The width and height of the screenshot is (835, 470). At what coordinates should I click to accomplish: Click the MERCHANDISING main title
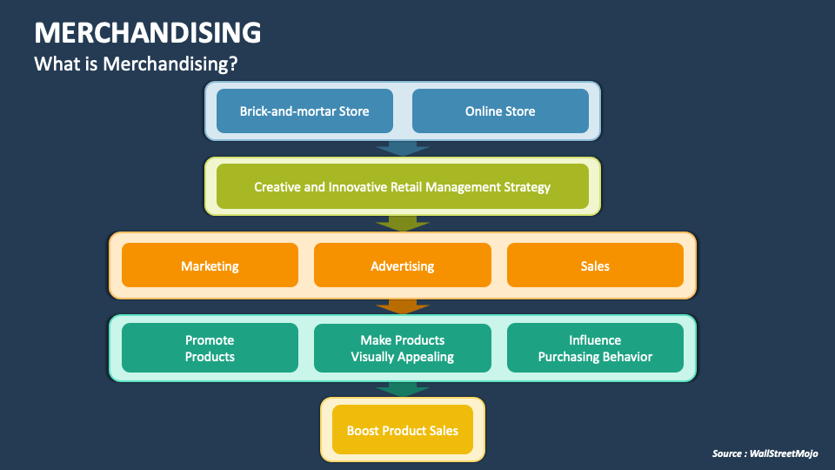147,32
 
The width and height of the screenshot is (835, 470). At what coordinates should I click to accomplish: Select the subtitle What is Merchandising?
137,64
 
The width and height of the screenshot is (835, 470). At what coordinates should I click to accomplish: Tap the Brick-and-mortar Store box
304,111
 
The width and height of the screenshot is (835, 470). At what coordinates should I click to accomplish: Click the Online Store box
500,111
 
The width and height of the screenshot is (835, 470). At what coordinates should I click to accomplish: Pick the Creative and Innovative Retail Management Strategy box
402,186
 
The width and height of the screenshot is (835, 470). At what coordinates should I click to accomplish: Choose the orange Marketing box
210,265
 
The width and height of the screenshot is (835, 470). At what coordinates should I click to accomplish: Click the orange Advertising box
402,265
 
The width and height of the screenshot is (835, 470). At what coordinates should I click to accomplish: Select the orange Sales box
595,265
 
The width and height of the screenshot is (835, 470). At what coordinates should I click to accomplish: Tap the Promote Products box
210,348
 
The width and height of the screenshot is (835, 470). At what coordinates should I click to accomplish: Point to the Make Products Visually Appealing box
402,348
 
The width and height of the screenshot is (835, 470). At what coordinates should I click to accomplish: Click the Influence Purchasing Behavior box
595,348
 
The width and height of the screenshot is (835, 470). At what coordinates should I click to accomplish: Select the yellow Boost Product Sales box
402,430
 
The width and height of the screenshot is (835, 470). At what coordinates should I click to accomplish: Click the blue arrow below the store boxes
402,149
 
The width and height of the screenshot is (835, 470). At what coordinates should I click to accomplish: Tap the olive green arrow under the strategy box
402,224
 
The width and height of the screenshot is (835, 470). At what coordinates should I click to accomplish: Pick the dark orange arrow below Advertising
402,306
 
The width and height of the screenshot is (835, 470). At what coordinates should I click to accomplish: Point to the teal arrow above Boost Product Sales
402,389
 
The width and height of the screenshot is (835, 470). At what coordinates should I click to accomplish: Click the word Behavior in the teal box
625,357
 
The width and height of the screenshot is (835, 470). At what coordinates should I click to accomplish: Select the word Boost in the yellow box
364,430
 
